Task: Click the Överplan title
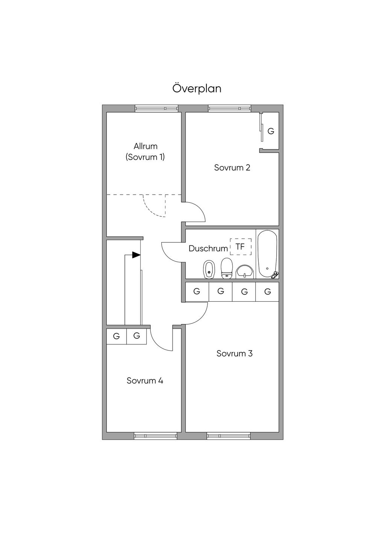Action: click(197, 88)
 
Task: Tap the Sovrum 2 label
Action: click(232, 168)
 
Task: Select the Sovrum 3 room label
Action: click(235, 354)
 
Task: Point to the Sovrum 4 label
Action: click(145, 381)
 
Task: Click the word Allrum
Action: click(146, 146)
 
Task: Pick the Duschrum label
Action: click(208, 248)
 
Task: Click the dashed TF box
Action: click(241, 247)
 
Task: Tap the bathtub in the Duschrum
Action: click(267, 254)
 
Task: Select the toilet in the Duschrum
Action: click(227, 268)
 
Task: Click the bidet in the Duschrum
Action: click(209, 270)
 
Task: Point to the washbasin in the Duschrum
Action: click(245, 272)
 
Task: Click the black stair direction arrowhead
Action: click(136, 255)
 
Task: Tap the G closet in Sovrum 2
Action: click(271, 131)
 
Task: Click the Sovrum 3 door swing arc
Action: click(201, 318)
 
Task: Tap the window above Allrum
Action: click(156, 108)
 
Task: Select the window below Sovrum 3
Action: click(229, 436)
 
